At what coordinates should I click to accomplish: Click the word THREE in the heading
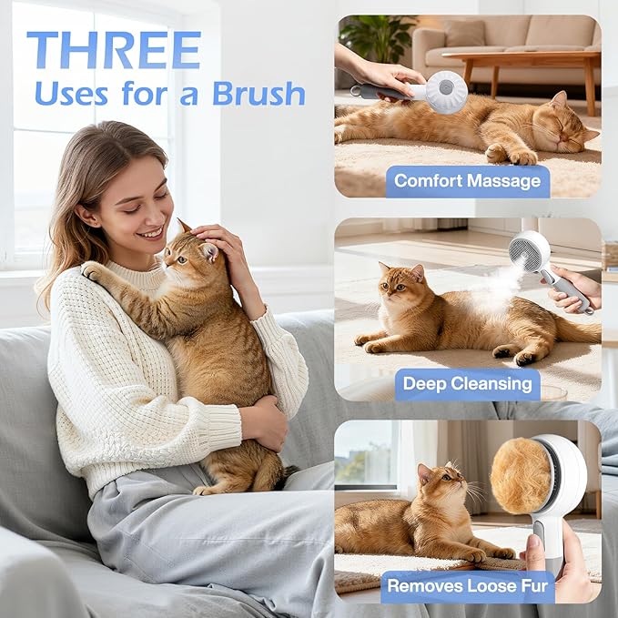113,51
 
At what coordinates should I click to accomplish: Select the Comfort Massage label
468,180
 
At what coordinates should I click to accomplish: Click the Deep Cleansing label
468,383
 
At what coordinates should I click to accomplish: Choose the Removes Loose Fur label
468,586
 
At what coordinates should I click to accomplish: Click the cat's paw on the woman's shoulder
95,270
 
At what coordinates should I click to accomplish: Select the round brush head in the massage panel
446,92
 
